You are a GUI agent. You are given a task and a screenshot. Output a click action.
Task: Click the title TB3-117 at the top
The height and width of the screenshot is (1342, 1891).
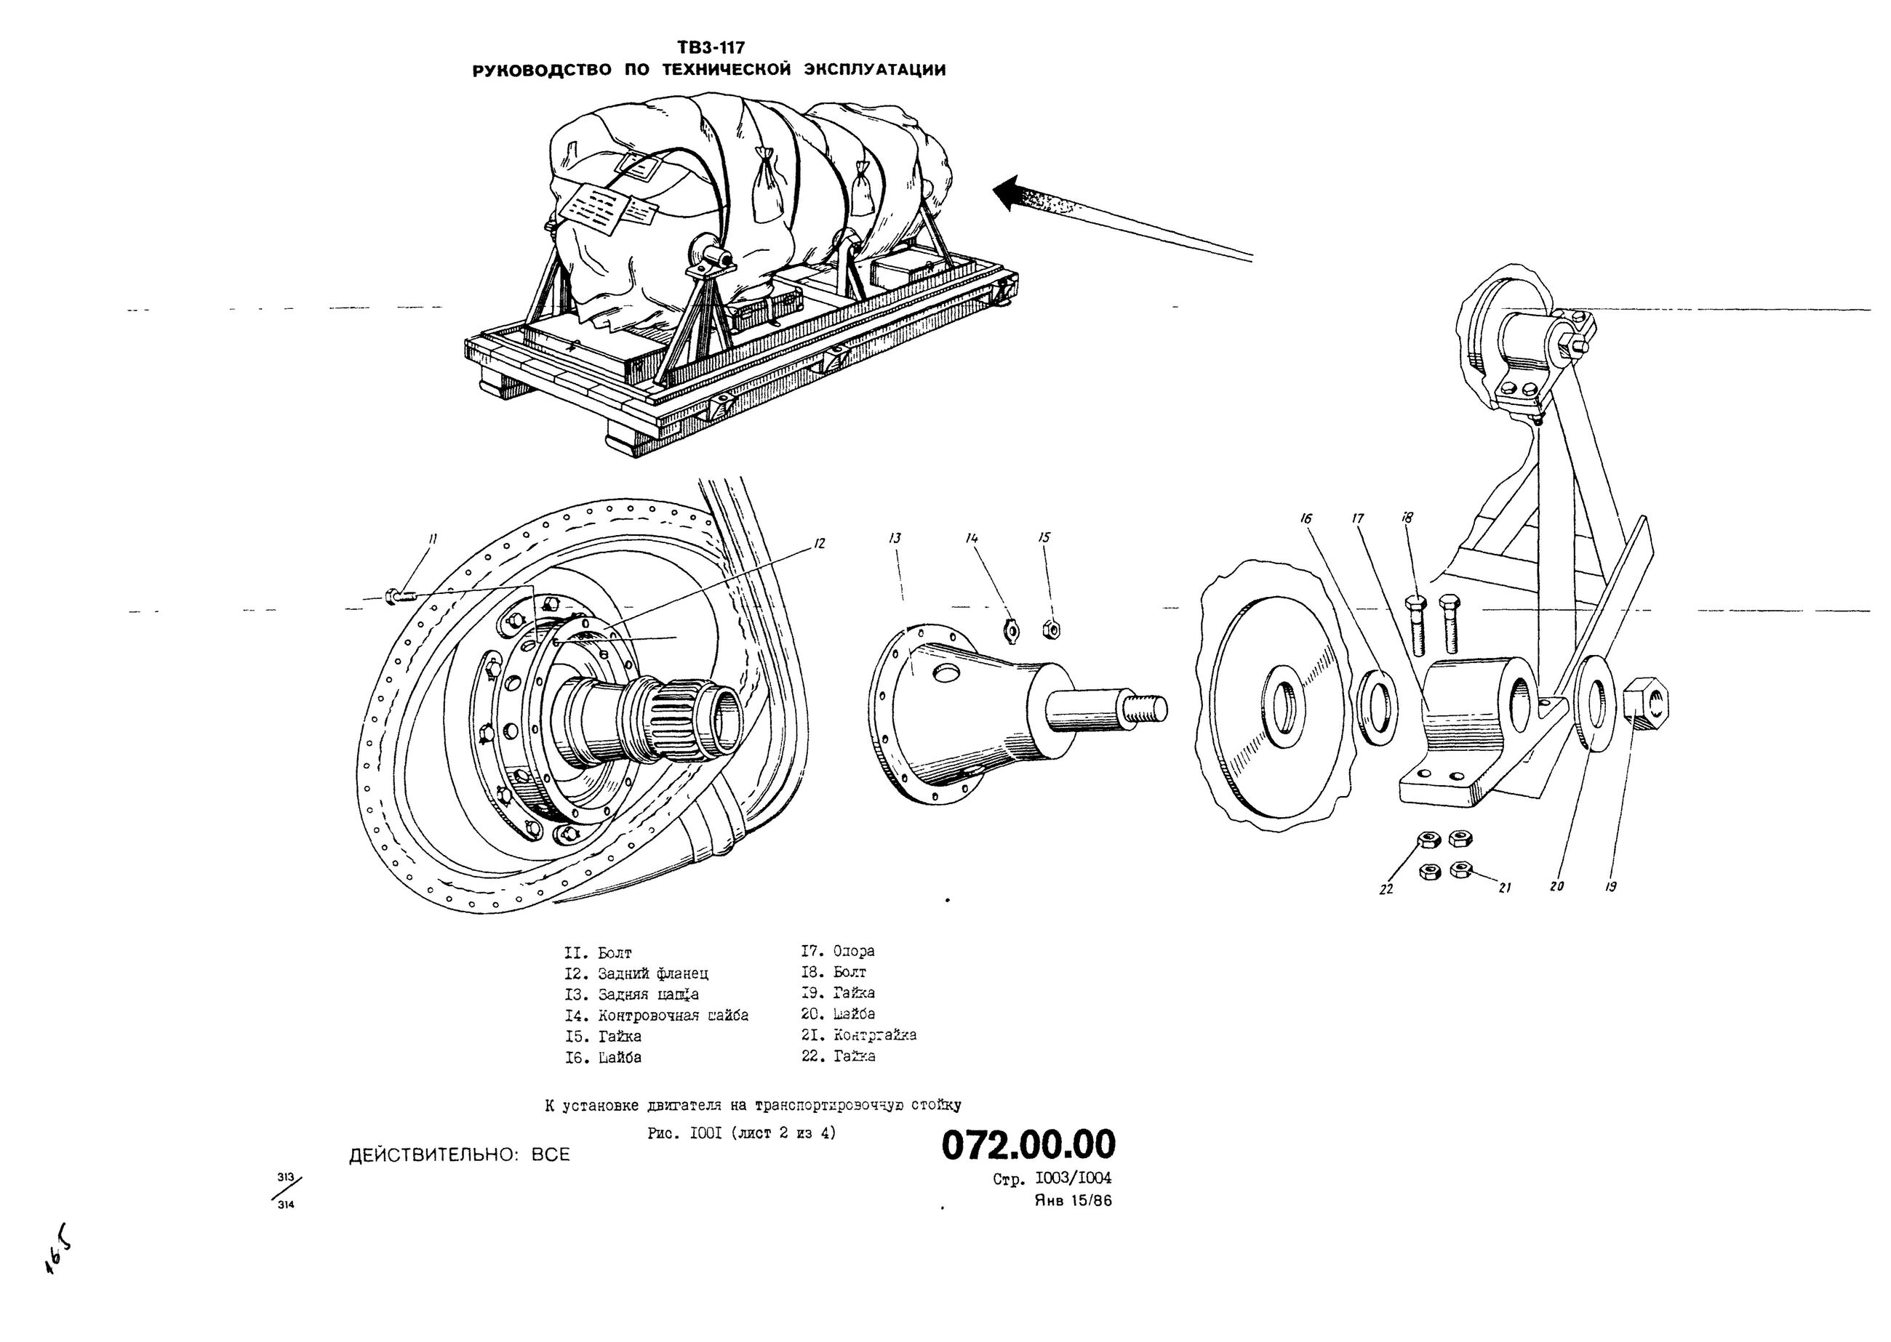[x=710, y=48]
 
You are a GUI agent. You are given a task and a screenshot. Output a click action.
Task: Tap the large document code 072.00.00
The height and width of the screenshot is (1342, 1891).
[x=1028, y=1144]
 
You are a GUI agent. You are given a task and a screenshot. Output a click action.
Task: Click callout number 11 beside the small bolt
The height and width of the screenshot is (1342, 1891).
[x=431, y=539]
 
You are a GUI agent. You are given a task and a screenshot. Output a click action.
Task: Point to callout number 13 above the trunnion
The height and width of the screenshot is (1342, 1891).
[x=895, y=538]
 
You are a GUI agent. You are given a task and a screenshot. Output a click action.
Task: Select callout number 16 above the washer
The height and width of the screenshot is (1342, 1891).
[x=1306, y=519]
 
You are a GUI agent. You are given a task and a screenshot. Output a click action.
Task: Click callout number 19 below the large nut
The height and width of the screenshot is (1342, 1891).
[x=1610, y=887]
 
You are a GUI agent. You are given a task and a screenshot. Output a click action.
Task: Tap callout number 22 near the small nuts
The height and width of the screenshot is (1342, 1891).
[x=1386, y=889]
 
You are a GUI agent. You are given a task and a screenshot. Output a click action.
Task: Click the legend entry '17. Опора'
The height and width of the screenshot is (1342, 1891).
[x=837, y=951]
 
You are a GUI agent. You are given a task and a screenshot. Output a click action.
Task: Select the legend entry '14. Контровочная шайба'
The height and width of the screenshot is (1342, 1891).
[x=656, y=1015]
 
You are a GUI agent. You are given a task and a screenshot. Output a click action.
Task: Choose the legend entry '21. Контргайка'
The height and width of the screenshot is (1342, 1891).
[x=859, y=1034]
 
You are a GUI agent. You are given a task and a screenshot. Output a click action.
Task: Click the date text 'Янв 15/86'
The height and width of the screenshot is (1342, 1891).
[x=1073, y=1201]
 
